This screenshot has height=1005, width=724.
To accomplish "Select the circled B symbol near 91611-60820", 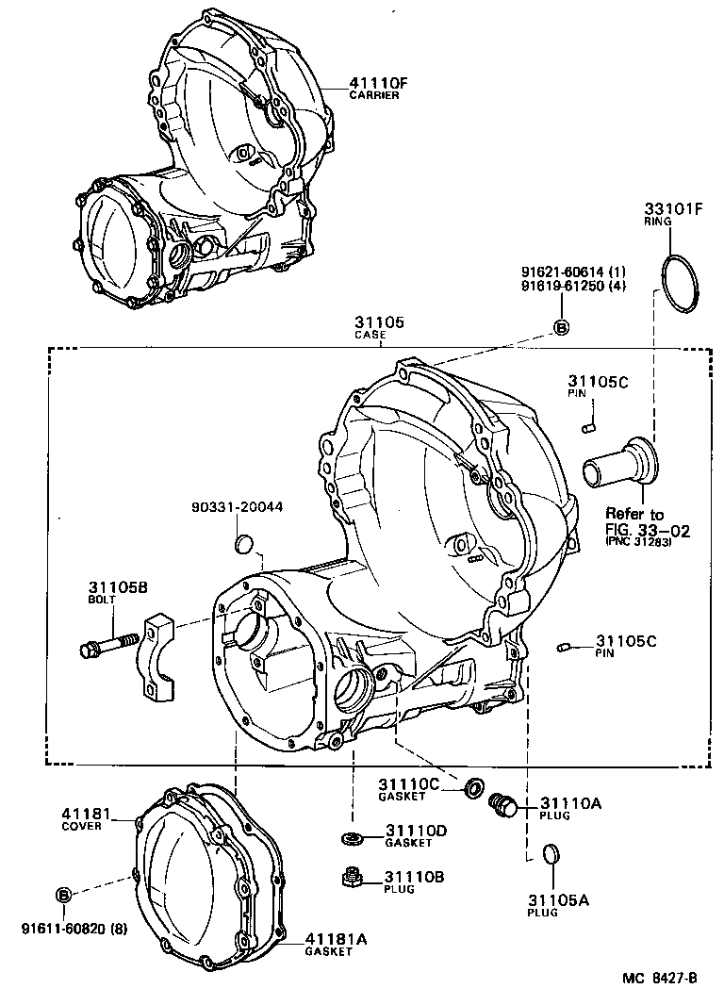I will click(63, 894).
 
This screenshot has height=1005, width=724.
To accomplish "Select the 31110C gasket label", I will click(409, 788).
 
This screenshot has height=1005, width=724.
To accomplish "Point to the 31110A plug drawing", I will click(503, 804).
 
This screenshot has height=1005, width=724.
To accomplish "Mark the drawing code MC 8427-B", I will click(659, 978).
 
